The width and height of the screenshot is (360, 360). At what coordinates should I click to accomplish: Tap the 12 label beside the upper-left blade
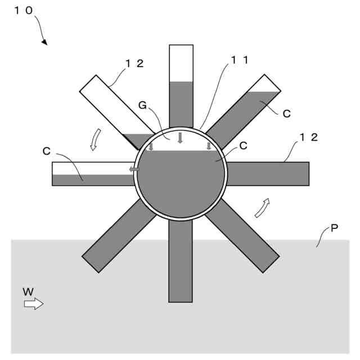(x=134, y=63)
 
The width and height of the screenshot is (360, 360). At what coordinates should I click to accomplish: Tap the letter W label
(x=28, y=291)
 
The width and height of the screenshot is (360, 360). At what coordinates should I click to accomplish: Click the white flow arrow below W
(x=33, y=304)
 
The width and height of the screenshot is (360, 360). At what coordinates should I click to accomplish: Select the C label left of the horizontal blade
(x=46, y=151)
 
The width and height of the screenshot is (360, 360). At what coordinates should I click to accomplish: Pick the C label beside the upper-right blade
(x=286, y=114)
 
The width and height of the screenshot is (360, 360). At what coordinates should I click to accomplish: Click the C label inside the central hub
(x=243, y=145)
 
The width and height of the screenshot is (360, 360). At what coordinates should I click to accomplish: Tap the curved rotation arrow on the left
(x=95, y=139)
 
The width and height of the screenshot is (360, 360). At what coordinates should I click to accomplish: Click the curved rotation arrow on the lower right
(x=262, y=207)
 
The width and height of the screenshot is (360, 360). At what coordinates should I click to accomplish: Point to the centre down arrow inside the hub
(x=180, y=138)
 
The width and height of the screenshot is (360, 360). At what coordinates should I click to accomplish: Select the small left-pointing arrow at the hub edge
(x=134, y=169)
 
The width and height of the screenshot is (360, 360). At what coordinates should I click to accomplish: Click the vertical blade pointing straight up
(x=181, y=84)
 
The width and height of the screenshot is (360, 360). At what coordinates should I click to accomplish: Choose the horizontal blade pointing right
(x=268, y=174)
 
